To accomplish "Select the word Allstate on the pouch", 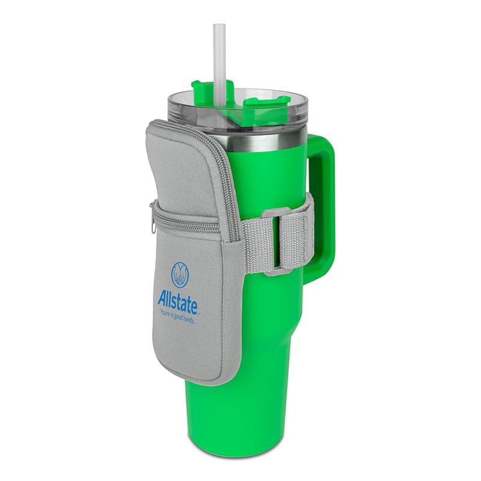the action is point(177,302).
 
